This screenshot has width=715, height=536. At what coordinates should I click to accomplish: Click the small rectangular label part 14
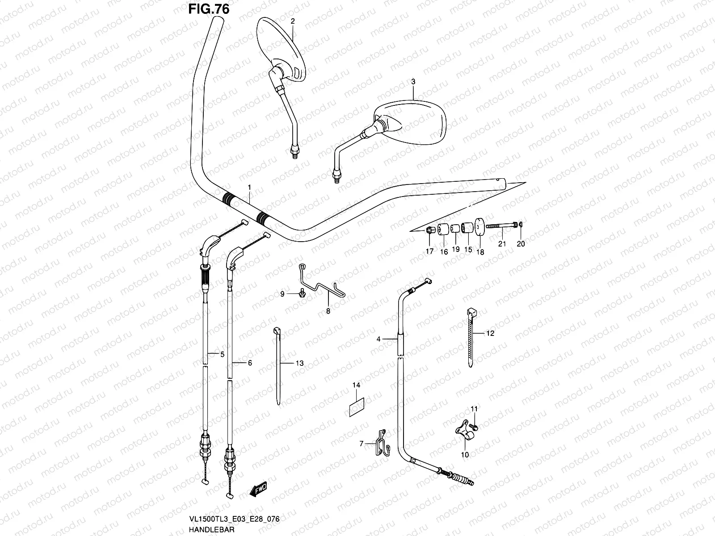point(357,407)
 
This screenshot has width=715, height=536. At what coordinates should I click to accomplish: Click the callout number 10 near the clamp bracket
point(465,455)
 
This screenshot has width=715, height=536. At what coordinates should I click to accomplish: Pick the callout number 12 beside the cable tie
point(490,333)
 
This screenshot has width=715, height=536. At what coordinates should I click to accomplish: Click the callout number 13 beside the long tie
point(299,363)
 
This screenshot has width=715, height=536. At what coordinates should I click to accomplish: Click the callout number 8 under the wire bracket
point(328,311)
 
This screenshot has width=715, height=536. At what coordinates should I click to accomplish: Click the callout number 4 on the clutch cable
point(379,339)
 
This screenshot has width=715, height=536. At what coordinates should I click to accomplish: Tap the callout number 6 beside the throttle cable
point(250,363)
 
